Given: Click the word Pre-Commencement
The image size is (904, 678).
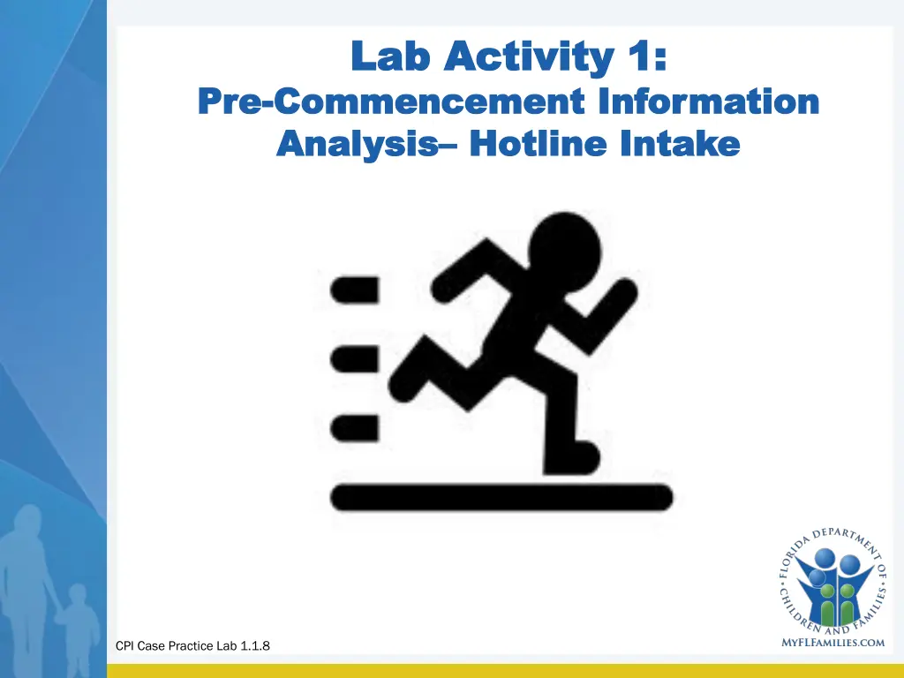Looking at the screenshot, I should click(389, 102).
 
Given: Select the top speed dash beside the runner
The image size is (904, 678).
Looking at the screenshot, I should click(355, 289).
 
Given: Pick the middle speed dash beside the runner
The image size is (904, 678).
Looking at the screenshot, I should click(355, 359).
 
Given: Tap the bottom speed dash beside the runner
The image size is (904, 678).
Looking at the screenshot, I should click(355, 427).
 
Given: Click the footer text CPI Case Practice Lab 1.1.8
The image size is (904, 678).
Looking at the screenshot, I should click(193, 646).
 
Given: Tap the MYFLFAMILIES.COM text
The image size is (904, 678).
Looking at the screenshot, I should click(833, 643).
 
